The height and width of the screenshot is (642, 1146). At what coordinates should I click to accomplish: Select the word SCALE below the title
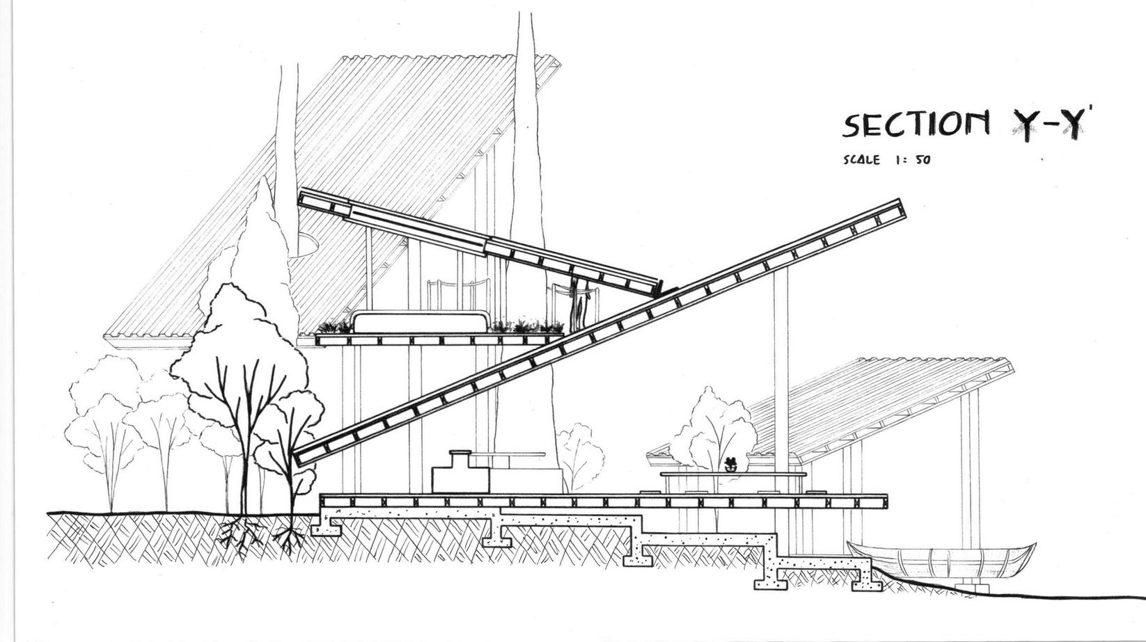click(x=861, y=160)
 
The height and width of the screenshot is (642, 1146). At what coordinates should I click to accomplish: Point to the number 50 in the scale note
click(x=923, y=160)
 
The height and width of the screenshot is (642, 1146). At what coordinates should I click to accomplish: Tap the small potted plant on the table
click(x=730, y=464)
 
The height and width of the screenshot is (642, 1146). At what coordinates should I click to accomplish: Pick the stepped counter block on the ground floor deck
click(x=460, y=472)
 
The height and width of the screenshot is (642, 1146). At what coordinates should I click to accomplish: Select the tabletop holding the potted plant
click(x=732, y=474)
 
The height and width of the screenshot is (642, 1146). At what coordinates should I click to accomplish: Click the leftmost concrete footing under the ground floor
click(x=327, y=528)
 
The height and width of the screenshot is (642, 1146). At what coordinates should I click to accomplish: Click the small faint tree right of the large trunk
click(x=579, y=452)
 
